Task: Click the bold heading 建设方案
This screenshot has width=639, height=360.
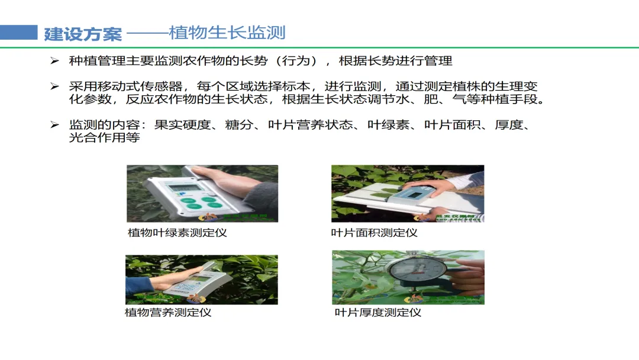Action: coord(83,33)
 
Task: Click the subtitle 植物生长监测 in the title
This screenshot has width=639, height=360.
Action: coord(227,33)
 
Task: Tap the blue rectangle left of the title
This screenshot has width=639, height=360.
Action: coord(19,33)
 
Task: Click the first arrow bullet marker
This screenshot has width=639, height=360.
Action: coord(54,61)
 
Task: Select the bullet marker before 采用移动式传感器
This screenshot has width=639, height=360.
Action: coord(54,86)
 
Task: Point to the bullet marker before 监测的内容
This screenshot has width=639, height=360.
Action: coord(54,125)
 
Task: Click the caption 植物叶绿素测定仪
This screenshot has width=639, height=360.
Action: coord(177,233)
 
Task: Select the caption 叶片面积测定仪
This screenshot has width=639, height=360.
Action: coord(374,233)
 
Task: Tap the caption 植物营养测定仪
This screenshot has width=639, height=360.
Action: coord(168,313)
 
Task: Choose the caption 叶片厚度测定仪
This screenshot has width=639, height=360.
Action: coord(377,313)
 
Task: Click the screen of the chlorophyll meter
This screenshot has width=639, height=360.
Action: coord(186,188)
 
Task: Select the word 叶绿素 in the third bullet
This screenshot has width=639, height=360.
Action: coord(388,125)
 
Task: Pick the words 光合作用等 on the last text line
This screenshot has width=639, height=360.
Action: coord(104,137)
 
